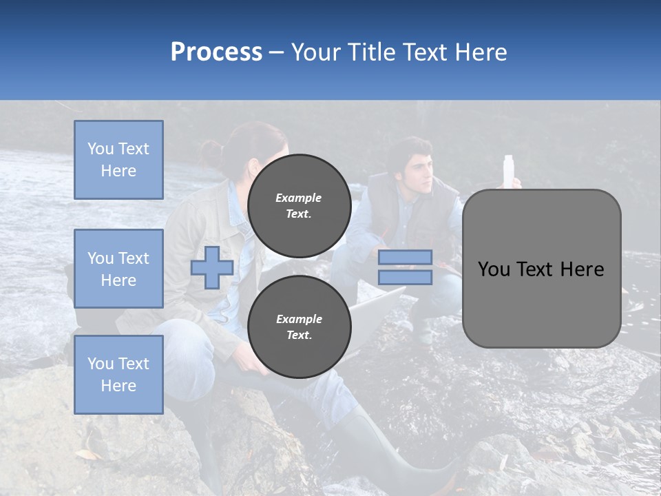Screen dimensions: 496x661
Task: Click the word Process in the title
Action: [x=216, y=52]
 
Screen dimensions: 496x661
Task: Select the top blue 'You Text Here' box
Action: [x=118, y=160]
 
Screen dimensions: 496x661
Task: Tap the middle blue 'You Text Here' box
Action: [x=118, y=269]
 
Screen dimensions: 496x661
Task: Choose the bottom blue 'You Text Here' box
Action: [x=118, y=375]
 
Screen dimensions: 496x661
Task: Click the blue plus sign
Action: [x=212, y=267]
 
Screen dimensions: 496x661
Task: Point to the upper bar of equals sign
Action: [x=405, y=258]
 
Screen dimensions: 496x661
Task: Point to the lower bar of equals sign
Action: [x=405, y=277]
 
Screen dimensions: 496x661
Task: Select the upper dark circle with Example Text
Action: [x=299, y=205]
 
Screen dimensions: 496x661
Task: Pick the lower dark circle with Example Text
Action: [x=299, y=327]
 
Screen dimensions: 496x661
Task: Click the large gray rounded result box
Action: [x=541, y=303]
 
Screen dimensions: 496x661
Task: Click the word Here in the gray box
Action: [x=583, y=269]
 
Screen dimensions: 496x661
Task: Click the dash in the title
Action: [x=277, y=52]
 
